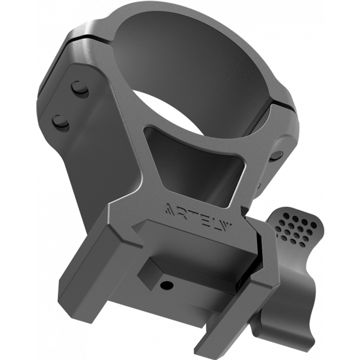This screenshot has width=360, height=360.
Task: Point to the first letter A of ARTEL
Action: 170,207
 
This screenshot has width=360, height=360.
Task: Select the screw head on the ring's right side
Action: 277,156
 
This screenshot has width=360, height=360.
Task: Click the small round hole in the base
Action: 167,285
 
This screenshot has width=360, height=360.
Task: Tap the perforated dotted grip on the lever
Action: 297,229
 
